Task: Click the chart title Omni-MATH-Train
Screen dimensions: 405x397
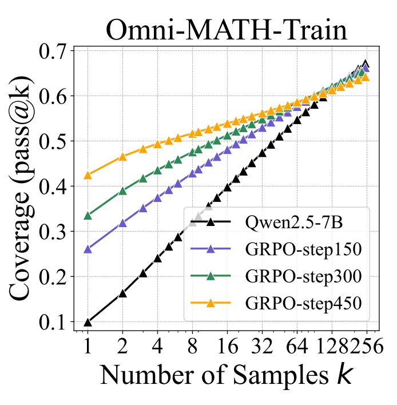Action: (226, 29)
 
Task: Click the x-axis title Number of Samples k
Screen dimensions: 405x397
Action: (226, 375)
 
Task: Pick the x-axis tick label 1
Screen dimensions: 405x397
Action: (88, 346)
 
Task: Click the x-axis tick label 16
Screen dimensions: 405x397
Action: (227, 346)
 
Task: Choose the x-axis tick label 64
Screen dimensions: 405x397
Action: (297, 346)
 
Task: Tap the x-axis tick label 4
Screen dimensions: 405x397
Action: (157, 346)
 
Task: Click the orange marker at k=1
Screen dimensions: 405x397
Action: (88, 175)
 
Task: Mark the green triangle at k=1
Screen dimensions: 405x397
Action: (88, 216)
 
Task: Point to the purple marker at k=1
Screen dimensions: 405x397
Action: (88, 249)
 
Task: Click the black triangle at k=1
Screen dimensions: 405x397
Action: (88, 323)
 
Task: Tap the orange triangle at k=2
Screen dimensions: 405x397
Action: (122, 157)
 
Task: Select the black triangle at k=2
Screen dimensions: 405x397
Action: (122, 293)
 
